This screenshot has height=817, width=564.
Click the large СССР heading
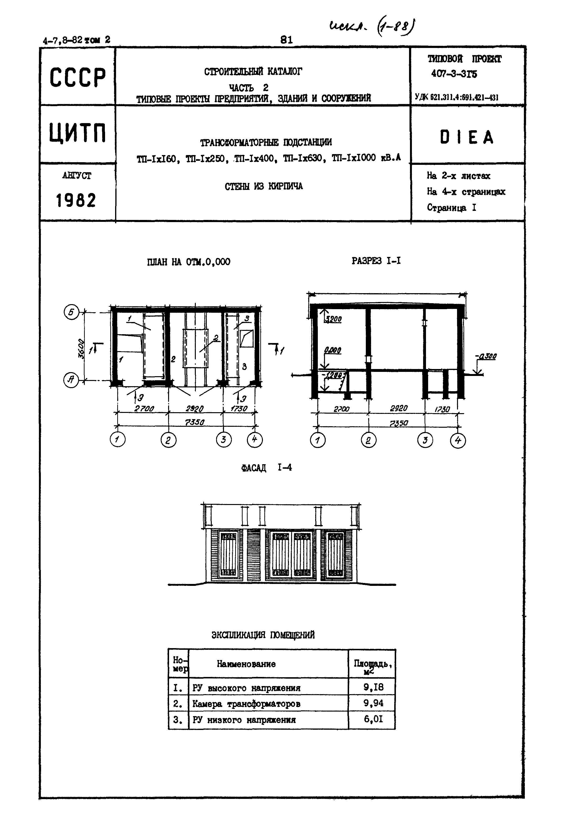tap(77, 77)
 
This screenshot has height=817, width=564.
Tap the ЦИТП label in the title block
tap(77, 133)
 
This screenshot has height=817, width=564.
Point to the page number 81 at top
tap(286, 40)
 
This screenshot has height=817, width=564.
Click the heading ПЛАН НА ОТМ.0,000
tap(188, 262)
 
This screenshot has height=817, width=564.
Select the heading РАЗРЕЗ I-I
tap(376, 261)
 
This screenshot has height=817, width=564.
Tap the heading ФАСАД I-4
tap(266, 468)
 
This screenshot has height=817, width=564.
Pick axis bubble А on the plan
tap(71, 380)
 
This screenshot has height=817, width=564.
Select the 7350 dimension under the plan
tap(195, 422)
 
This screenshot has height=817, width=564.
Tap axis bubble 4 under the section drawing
tap(458, 441)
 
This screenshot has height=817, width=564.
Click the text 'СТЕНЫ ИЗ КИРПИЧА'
tap(264, 187)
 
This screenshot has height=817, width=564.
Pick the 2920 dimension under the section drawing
tap(399, 408)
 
